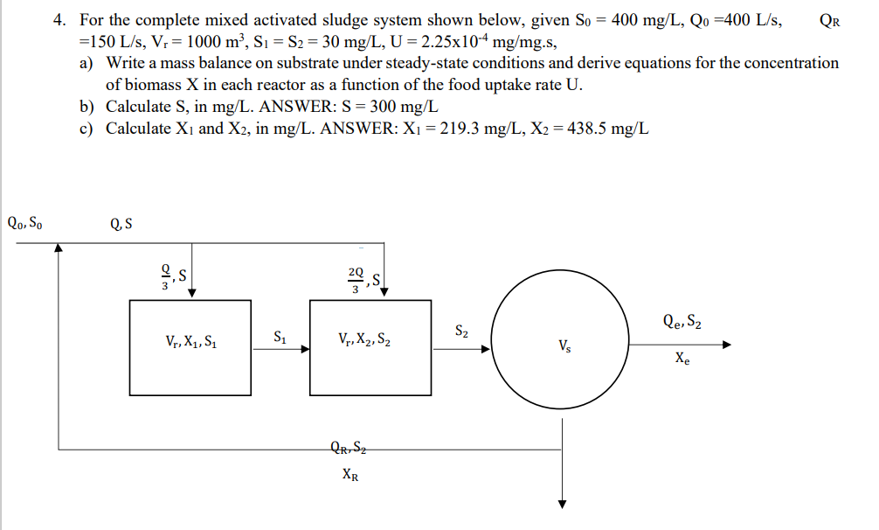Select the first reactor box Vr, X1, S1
point(190,342)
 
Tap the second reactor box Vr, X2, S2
point(370,342)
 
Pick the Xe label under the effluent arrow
point(681,359)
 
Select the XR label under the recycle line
point(349,477)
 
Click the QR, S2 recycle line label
point(349,450)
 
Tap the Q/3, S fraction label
point(170,278)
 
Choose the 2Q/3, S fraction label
point(362,279)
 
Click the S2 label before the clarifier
point(462,331)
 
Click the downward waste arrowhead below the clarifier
point(563,503)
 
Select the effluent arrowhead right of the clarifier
point(724,345)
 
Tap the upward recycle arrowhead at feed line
point(59,248)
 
